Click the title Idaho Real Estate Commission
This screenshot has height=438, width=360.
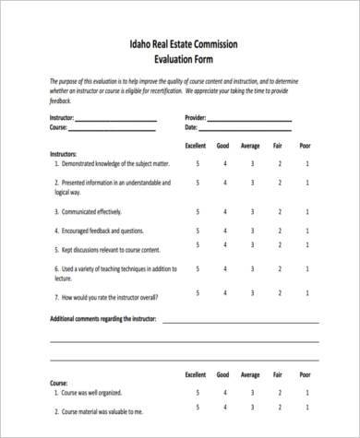(179, 42)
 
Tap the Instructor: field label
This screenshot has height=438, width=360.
(39, 119)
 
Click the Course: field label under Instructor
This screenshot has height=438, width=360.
(35, 128)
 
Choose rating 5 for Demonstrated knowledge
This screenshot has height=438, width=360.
(197, 163)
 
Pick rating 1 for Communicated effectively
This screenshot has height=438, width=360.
(306, 211)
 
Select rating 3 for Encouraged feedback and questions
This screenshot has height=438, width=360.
(252, 230)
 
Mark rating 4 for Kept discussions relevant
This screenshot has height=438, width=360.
(224, 248)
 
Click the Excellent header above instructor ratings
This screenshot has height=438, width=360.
(196, 146)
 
